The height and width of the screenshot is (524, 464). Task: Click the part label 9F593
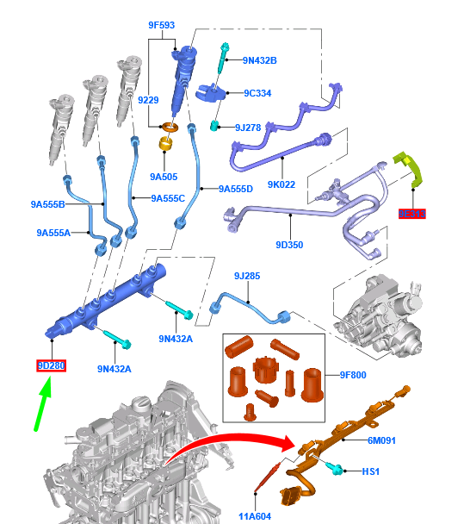(x=162, y=26)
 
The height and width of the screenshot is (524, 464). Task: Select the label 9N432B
(x=259, y=60)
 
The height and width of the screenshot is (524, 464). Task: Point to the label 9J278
(x=247, y=128)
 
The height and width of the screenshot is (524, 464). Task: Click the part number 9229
(x=148, y=101)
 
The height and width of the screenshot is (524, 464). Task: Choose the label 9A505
(x=163, y=177)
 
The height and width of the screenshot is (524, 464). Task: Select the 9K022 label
(x=281, y=184)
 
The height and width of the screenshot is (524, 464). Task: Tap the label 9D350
(x=289, y=245)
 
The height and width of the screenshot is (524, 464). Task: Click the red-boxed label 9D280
(x=51, y=366)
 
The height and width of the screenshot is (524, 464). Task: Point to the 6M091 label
(x=380, y=440)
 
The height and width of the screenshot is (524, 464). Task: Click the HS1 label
(x=370, y=471)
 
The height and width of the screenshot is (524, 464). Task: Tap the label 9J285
(x=246, y=276)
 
